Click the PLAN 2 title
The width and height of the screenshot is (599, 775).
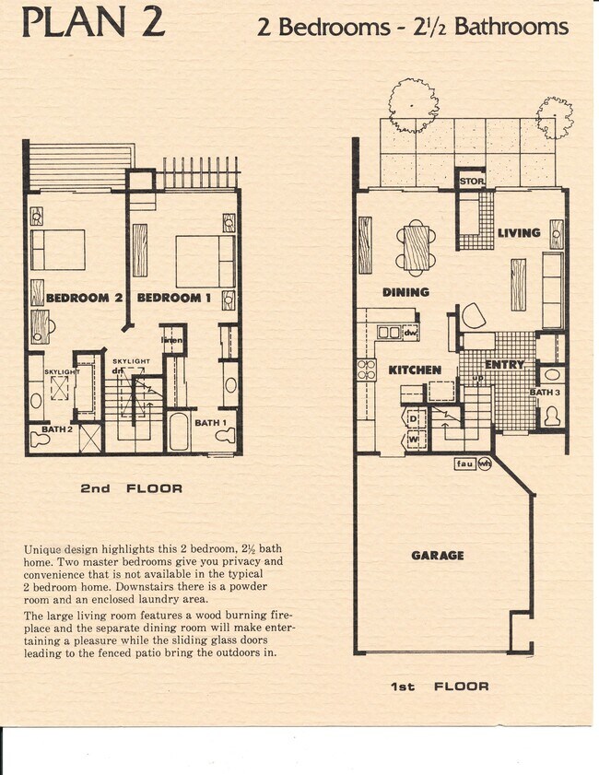tap(93, 23)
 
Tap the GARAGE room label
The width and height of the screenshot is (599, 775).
tap(437, 556)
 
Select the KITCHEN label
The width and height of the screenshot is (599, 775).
tap(414, 370)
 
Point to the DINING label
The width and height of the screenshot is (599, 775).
tap(405, 292)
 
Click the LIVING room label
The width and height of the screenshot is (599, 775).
tap(519, 233)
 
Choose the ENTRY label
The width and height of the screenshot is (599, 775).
tap(504, 365)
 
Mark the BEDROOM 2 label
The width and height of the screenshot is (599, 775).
tap(85, 298)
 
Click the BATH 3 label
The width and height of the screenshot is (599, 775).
tap(544, 393)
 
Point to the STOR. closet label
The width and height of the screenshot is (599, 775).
tap(472, 182)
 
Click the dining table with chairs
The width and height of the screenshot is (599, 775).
tap(417, 248)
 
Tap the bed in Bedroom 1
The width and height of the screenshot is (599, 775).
tap(205, 261)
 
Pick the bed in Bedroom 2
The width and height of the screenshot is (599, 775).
tap(57, 249)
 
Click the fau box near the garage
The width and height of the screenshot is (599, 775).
tap(465, 464)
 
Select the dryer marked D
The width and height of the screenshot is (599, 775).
tap(415, 419)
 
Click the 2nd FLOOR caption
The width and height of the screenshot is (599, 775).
tap(131, 488)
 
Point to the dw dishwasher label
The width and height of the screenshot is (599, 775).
tap(411, 333)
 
